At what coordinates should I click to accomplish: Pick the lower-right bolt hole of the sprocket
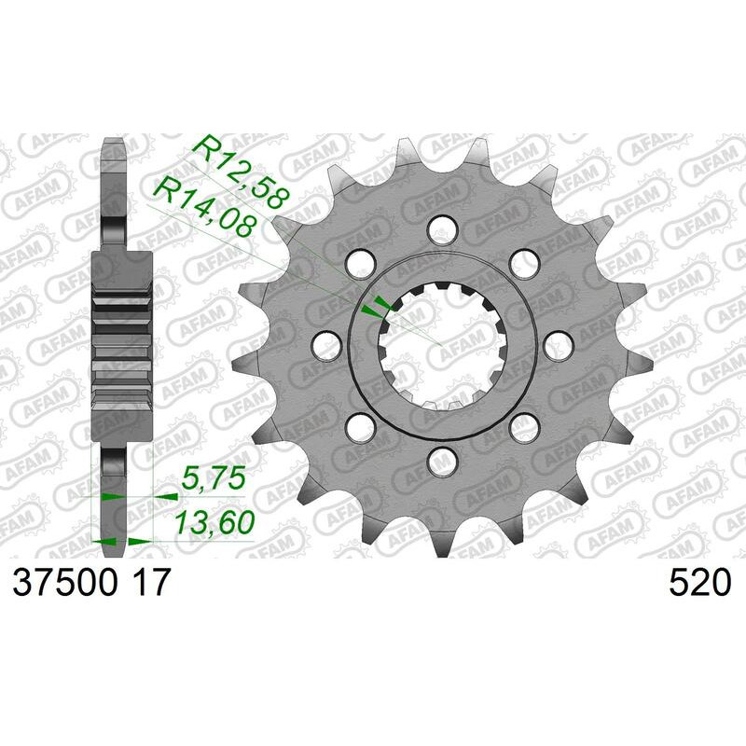point(524,427)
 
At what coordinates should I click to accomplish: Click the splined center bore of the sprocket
point(441,344)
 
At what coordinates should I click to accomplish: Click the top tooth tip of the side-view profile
point(112,149)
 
